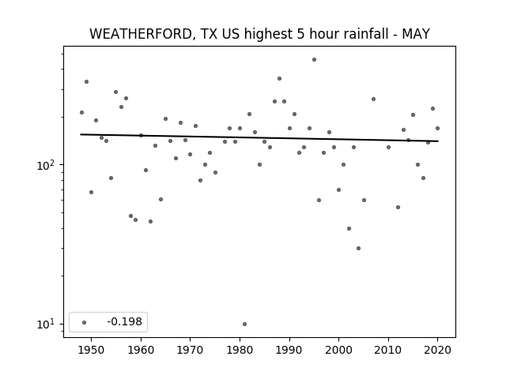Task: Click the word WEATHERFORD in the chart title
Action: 142,34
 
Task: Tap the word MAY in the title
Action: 416,34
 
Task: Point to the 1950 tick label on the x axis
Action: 92,350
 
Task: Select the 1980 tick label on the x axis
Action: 240,350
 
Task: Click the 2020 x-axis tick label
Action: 437,350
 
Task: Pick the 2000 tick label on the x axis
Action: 338,350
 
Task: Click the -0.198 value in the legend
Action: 125,321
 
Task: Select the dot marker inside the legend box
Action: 85,322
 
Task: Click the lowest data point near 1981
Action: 244,324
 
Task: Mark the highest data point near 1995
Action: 314,60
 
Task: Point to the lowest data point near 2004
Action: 358,248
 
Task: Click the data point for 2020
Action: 437,128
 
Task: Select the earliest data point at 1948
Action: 81,112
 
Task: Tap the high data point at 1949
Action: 86,82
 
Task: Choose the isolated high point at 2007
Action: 373,99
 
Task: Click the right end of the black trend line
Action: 438,141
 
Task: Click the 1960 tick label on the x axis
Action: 141,350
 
